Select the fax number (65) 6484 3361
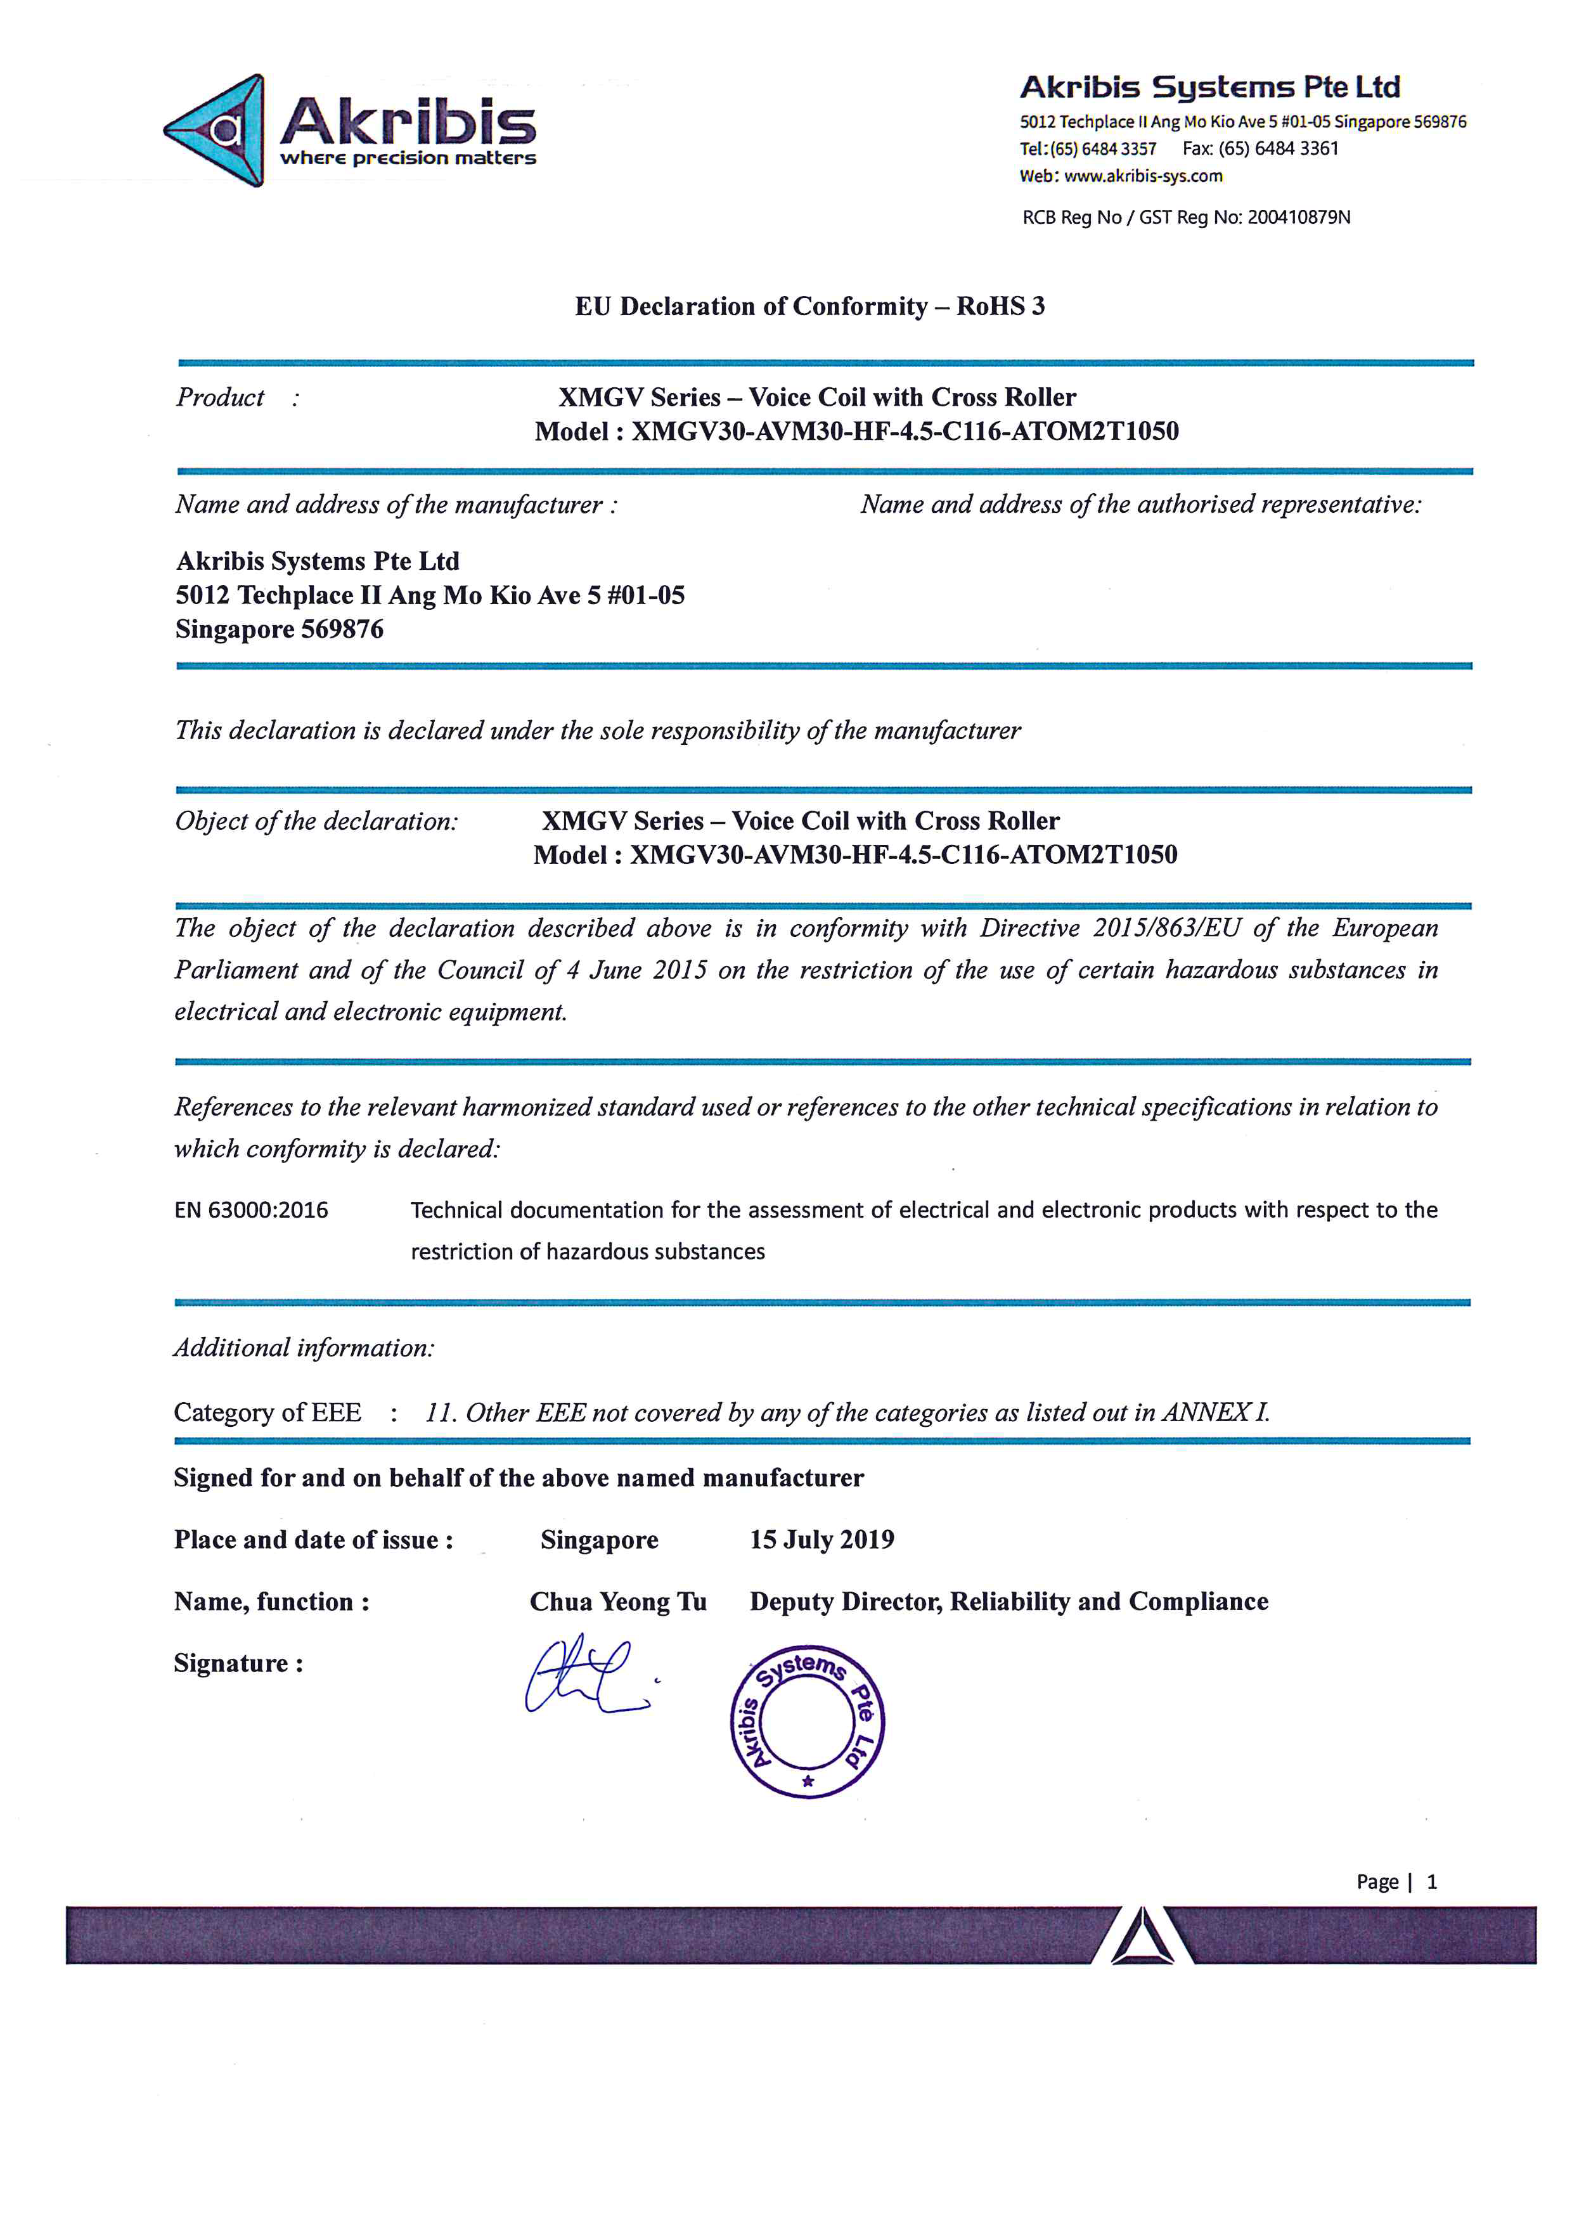pyautogui.click(x=1278, y=149)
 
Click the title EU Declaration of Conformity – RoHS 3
pyautogui.click(x=809, y=306)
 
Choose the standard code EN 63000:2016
pyautogui.click(x=251, y=1209)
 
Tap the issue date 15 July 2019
pyautogui.click(x=822, y=1540)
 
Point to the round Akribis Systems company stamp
pyautogui.click(x=808, y=1722)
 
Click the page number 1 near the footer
pyautogui.click(x=1432, y=1881)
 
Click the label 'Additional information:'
pyautogui.click(x=304, y=1348)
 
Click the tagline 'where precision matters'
pyautogui.click(x=408, y=158)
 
